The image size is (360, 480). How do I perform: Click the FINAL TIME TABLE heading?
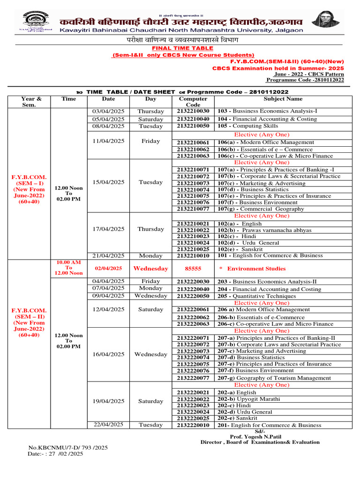point(182,48)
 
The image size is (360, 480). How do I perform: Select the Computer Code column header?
point(193,102)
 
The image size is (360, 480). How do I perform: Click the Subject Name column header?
point(283,99)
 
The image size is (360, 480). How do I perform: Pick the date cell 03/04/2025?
point(108,112)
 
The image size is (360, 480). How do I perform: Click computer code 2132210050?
point(193,126)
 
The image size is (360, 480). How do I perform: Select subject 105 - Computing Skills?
point(248,126)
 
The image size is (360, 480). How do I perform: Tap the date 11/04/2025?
point(108,141)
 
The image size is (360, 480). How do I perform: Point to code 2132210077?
point(193,209)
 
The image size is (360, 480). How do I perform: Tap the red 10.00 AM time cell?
point(69,268)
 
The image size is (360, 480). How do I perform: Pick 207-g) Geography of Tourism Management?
point(274,378)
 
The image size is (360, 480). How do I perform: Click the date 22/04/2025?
point(108,425)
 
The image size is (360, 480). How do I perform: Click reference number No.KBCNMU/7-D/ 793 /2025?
point(68,448)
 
